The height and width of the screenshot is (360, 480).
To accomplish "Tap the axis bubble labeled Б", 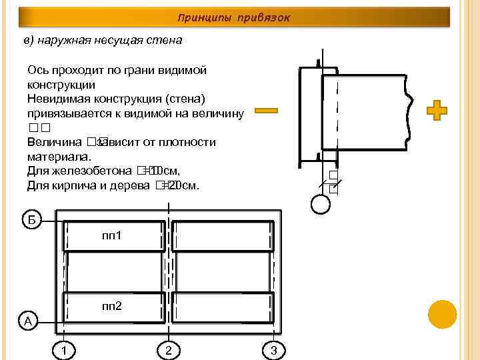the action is [x=31, y=219].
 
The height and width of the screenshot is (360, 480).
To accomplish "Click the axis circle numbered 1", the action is [x=63, y=350].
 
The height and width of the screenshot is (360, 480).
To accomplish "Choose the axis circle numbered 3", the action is [x=273, y=350].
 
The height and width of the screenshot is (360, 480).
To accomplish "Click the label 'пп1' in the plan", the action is [x=111, y=236].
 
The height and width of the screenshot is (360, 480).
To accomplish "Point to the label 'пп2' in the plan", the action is [x=111, y=307].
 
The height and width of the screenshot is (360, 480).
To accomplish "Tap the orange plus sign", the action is [x=437, y=111].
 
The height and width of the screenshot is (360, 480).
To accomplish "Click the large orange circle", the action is [x=441, y=314].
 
